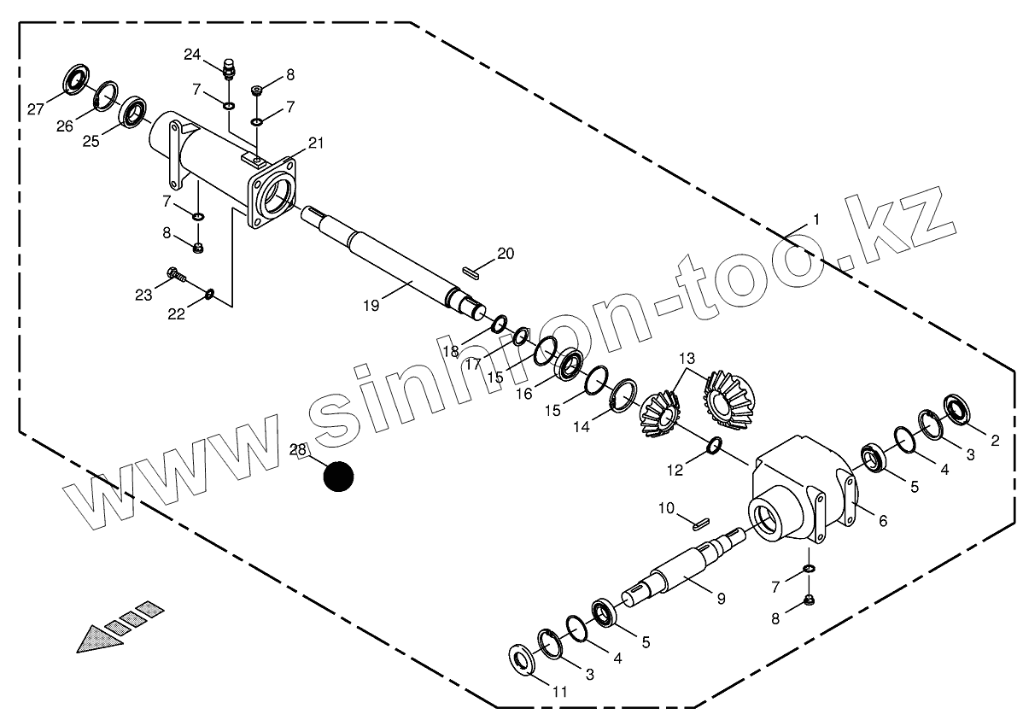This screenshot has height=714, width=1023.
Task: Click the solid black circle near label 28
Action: [338, 477]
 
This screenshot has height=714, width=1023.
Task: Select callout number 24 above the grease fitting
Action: [192, 56]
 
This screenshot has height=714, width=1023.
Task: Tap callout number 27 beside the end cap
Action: [36, 108]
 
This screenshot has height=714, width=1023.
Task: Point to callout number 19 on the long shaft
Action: [371, 302]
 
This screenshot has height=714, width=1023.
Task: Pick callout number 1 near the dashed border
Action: [816, 219]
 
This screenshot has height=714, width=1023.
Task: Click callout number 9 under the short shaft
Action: [721, 599]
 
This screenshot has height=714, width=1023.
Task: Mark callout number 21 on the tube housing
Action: [316, 143]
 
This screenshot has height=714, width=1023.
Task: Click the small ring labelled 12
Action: [716, 445]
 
